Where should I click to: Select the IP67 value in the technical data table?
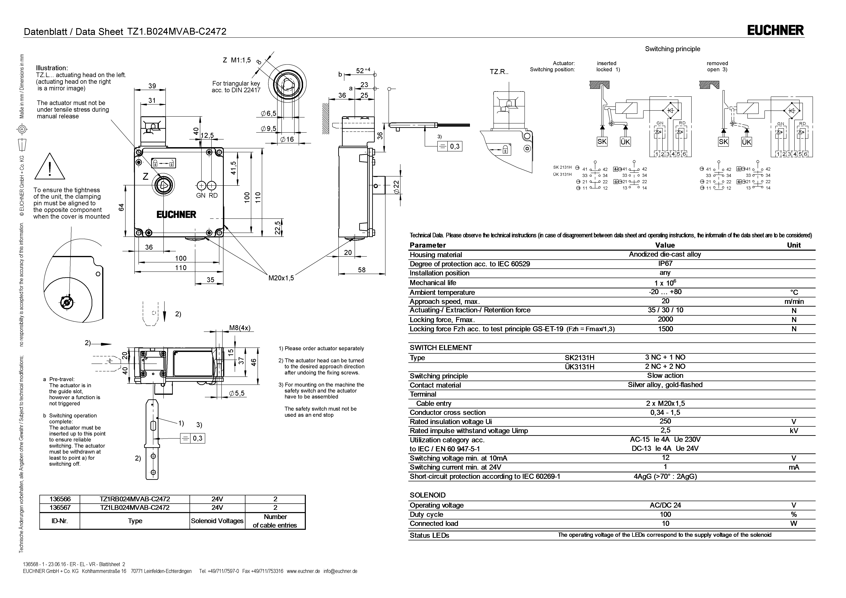pyautogui.click(x=665, y=263)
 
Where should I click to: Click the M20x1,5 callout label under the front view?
pyautogui.click(x=281, y=278)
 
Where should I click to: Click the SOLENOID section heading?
pyautogui.click(x=427, y=495)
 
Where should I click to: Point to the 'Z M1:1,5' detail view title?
pyautogui.click(x=237, y=60)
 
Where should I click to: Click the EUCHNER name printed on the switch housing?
pyautogui.click(x=177, y=215)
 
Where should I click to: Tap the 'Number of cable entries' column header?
pyautogui.click(x=275, y=521)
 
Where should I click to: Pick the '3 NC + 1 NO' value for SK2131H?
pyautogui.click(x=665, y=357)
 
